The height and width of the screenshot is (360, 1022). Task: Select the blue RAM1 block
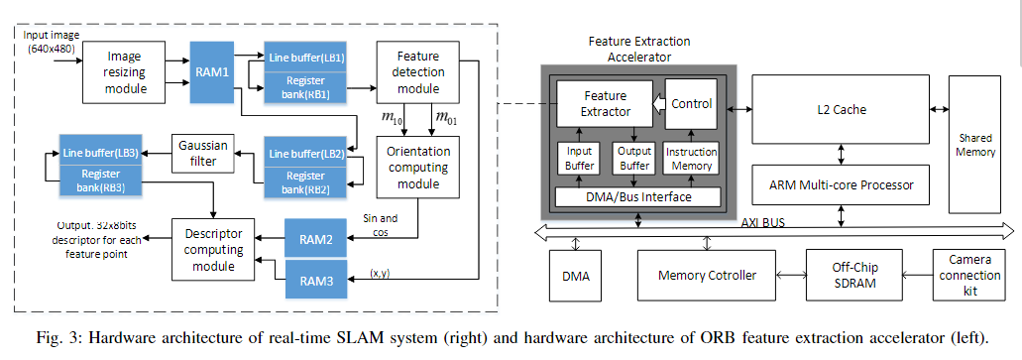pos(218,72)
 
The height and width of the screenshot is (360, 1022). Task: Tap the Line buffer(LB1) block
pos(305,59)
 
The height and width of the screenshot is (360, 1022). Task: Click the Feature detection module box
pos(417,73)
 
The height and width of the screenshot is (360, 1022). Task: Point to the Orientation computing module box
pos(417,168)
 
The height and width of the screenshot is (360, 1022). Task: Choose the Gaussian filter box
pos(203,153)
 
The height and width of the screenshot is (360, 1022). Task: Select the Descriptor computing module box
pos(213,249)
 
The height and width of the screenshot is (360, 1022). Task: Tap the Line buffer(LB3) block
pos(100,153)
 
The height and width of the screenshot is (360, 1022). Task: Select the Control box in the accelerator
pos(691,104)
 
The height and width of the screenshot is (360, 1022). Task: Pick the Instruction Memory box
pos(691,159)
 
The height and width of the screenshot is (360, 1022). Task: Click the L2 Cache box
pos(842,105)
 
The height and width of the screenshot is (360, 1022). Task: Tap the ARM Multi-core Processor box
pos(842,184)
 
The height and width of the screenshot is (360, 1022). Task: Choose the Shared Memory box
pos(974,144)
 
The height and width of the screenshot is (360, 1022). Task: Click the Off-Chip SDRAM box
pos(854,274)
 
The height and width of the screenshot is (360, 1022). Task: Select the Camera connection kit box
pos(970,274)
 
